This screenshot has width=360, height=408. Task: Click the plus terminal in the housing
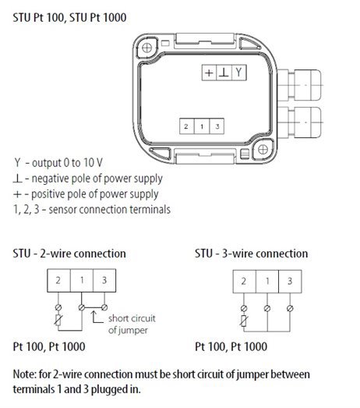coord(209,73)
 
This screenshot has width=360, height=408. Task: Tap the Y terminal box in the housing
coord(239,73)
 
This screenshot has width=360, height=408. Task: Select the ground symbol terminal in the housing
coord(224,73)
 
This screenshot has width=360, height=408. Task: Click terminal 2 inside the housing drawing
coord(187,126)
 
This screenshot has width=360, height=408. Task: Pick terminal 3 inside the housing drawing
coord(217,126)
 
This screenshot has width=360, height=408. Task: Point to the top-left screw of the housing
coord(146,48)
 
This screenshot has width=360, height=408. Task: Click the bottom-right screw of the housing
coord(263,150)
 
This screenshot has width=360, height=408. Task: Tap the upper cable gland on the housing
coord(300,85)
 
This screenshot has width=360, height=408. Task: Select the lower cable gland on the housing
coord(300,122)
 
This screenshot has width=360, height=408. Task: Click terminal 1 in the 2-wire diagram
coord(82,280)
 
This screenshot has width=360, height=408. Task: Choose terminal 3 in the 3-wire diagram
coord(290,282)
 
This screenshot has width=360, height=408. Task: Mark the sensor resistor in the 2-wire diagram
coord(58,320)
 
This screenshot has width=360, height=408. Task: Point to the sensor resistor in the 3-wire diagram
coord(244,321)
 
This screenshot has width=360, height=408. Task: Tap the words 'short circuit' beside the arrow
coord(132,318)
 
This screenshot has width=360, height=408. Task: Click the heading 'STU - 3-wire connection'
coord(252,254)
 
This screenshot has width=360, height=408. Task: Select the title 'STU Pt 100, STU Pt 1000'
coord(69,18)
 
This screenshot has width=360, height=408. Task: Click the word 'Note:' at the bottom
coord(25,374)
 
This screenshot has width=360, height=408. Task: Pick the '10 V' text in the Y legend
coord(93,163)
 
